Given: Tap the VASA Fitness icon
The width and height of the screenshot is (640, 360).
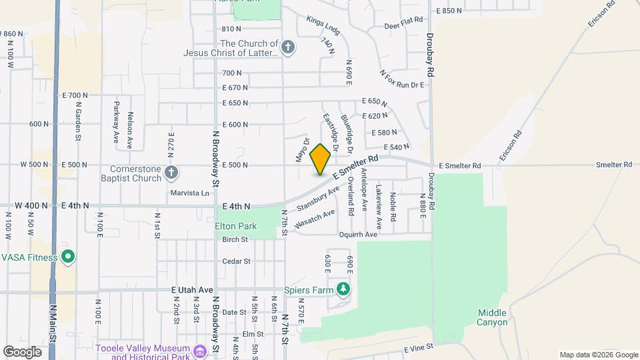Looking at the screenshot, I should coord(67,257).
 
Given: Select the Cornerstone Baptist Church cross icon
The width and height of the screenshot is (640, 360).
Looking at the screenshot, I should coord(171,173).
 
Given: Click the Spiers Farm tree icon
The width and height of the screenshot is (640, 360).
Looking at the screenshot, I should coord(344,289).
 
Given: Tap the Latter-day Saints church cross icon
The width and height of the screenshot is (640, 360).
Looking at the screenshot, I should coord(287,47).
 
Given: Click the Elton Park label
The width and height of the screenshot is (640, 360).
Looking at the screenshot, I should coord(236,226).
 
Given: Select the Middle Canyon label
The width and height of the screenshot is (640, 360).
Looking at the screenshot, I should coord(493,317).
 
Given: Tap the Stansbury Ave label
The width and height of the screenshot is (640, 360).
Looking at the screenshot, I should coord(318,199).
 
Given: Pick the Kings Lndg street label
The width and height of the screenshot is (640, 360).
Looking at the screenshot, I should coord(323,25).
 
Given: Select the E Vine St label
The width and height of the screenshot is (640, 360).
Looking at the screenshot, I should coord(419,347).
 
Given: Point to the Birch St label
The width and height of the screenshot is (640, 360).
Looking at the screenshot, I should coord(235,239).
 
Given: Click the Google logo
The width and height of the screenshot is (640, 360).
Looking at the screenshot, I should coord(23,351).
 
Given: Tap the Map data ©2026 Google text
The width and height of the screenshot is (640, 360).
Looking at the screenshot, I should coord(597,355).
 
